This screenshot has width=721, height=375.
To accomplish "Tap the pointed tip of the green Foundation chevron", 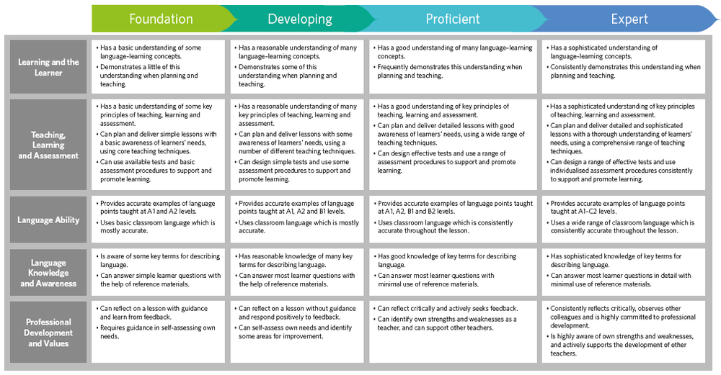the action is (238, 19).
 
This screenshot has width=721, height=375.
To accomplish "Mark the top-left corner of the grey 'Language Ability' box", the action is (10, 196).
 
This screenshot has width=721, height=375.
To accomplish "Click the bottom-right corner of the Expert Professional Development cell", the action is (705, 363).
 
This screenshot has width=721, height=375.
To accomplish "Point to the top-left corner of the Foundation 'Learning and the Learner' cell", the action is (92, 40).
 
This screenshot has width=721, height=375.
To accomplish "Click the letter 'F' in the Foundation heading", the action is (133, 19).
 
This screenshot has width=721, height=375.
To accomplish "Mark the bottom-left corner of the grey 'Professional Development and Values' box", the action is (10, 363).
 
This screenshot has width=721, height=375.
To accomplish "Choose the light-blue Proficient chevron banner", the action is (453, 19).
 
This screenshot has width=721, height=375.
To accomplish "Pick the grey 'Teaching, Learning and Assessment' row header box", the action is (48, 145).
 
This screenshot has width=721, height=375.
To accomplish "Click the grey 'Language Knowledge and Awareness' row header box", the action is (48, 272).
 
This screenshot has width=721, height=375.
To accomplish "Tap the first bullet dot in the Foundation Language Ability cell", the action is (97, 204).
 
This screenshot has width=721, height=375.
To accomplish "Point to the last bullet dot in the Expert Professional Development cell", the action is (548, 336).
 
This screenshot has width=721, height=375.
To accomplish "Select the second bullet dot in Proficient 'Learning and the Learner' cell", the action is (374, 67).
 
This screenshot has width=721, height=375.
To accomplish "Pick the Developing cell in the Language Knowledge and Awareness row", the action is (297, 272).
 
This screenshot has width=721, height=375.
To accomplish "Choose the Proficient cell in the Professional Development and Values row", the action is (453, 332).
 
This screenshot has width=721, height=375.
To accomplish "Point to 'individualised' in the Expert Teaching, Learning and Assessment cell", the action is (570, 171).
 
